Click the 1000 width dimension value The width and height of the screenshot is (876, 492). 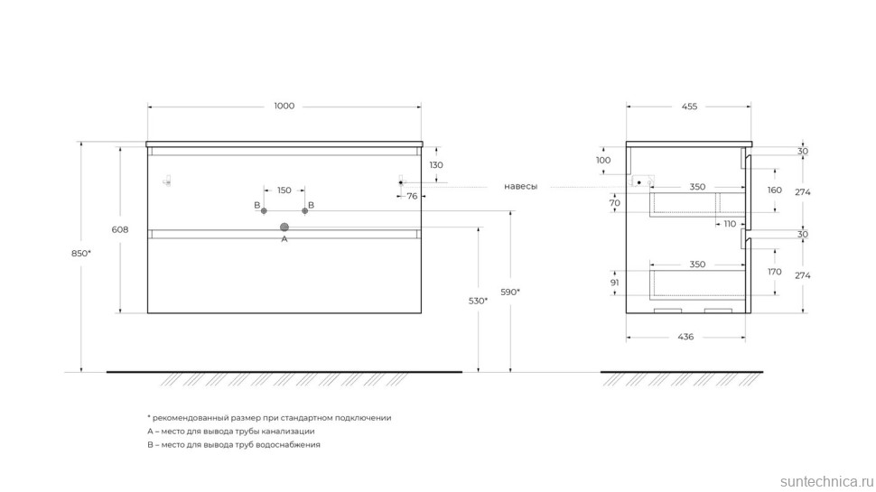(284, 107)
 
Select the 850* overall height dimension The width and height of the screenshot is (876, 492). (81, 253)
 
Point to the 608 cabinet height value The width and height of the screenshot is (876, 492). (120, 229)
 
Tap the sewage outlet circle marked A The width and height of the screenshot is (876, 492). (284, 227)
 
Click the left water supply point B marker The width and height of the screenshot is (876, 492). (264, 211)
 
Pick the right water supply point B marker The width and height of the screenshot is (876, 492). (304, 211)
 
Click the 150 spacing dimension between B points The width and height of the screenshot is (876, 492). (284, 190)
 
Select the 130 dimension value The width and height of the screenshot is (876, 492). (436, 165)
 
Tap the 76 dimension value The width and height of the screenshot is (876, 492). (413, 196)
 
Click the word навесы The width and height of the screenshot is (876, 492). (521, 187)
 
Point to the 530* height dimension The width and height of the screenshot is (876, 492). (479, 301)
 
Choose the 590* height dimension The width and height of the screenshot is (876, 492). (510, 292)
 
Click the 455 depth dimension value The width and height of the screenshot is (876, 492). (689, 107)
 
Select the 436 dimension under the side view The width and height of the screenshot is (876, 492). (685, 337)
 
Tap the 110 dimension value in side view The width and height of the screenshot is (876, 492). (730, 224)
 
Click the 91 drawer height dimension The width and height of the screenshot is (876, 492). (614, 283)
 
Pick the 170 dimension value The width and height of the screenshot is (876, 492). (774, 272)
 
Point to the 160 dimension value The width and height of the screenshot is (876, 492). (774, 190)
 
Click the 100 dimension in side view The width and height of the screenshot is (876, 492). (603, 161)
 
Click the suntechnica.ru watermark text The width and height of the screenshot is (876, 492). (825, 481)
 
